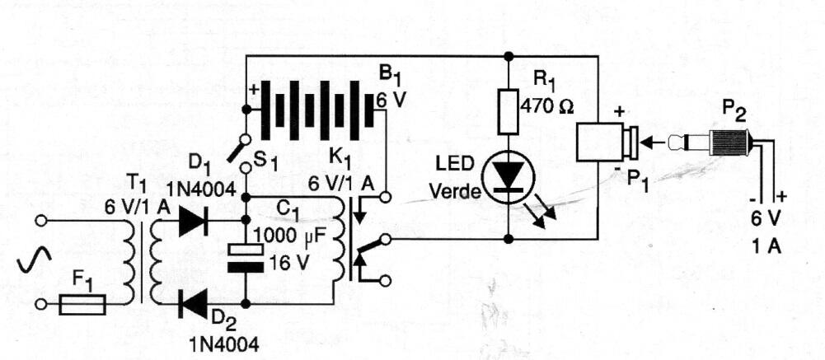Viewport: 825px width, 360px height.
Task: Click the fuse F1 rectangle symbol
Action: point(82,304)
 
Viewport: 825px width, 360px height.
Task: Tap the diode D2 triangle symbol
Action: point(193,304)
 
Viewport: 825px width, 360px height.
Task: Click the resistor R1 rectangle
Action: point(509,110)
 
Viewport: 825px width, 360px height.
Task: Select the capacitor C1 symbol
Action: point(245,259)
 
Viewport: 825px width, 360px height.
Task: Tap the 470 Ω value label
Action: point(546,107)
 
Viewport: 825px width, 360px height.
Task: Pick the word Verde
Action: point(455,192)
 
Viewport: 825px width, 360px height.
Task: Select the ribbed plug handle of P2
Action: point(729,143)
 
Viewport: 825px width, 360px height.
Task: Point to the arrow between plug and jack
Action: point(654,141)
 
